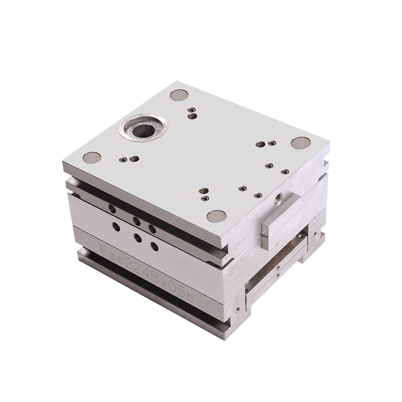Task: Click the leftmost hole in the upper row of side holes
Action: point(112,208)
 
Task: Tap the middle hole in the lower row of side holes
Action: point(137,238)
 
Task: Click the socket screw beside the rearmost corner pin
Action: point(192,109)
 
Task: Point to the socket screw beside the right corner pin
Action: point(273,143)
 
